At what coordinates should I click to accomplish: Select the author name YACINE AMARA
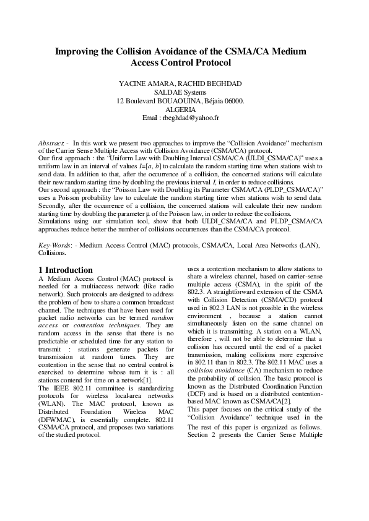(x=157, y=84)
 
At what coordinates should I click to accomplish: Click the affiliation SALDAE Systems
(x=184, y=92)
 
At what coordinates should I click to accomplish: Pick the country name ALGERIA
(x=184, y=109)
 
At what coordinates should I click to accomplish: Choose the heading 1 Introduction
(x=66, y=270)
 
